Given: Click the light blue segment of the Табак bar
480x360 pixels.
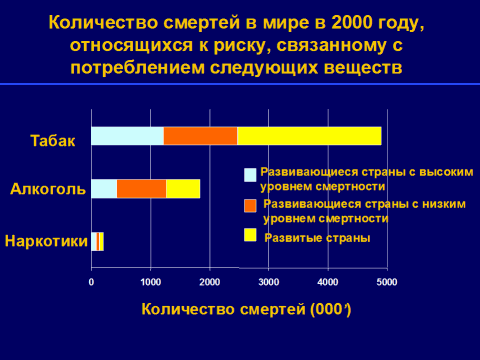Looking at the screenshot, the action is point(127,136).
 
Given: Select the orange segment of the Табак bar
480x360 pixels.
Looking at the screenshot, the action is point(200,136).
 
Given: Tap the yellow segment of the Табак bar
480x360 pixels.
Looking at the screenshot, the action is point(309,136).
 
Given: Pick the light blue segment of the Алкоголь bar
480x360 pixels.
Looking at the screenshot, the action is point(104,189).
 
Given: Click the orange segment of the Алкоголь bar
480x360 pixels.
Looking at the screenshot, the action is point(142,189).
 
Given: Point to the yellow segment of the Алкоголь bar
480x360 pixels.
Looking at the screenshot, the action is point(183,189).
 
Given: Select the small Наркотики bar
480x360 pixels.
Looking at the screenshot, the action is point(97,241).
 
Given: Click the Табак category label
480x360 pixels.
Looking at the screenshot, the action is point(53,141).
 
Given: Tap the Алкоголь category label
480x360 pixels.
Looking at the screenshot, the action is point(48,189).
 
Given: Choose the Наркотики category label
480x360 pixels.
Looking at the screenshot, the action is point(46,241).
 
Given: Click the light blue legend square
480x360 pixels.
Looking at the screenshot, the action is point(250,175).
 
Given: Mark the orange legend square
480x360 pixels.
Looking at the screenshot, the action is point(250,206).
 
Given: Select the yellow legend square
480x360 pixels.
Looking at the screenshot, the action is point(250,235).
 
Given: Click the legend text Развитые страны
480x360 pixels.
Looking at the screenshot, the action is point(317,238).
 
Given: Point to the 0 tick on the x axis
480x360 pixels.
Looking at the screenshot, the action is point(91,282).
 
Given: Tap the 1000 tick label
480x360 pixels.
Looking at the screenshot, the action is point(151,282).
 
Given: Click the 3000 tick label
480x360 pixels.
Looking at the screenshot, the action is point(269,282).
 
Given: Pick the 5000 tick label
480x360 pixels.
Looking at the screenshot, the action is point(387,282).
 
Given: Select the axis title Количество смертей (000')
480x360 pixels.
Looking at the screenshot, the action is point(246,309).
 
